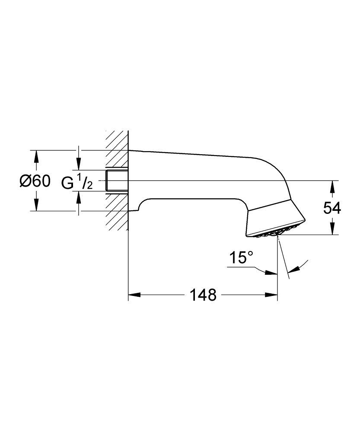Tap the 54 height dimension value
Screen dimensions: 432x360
[x=332, y=208]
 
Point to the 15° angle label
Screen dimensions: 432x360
[x=241, y=259]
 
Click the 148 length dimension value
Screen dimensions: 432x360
[x=202, y=295]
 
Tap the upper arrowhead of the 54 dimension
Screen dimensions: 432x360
[x=332, y=186]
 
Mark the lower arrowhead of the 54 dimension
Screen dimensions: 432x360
[x=332, y=229]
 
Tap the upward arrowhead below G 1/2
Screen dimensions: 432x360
[x=78, y=197]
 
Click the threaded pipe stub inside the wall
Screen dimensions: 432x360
[x=117, y=181]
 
